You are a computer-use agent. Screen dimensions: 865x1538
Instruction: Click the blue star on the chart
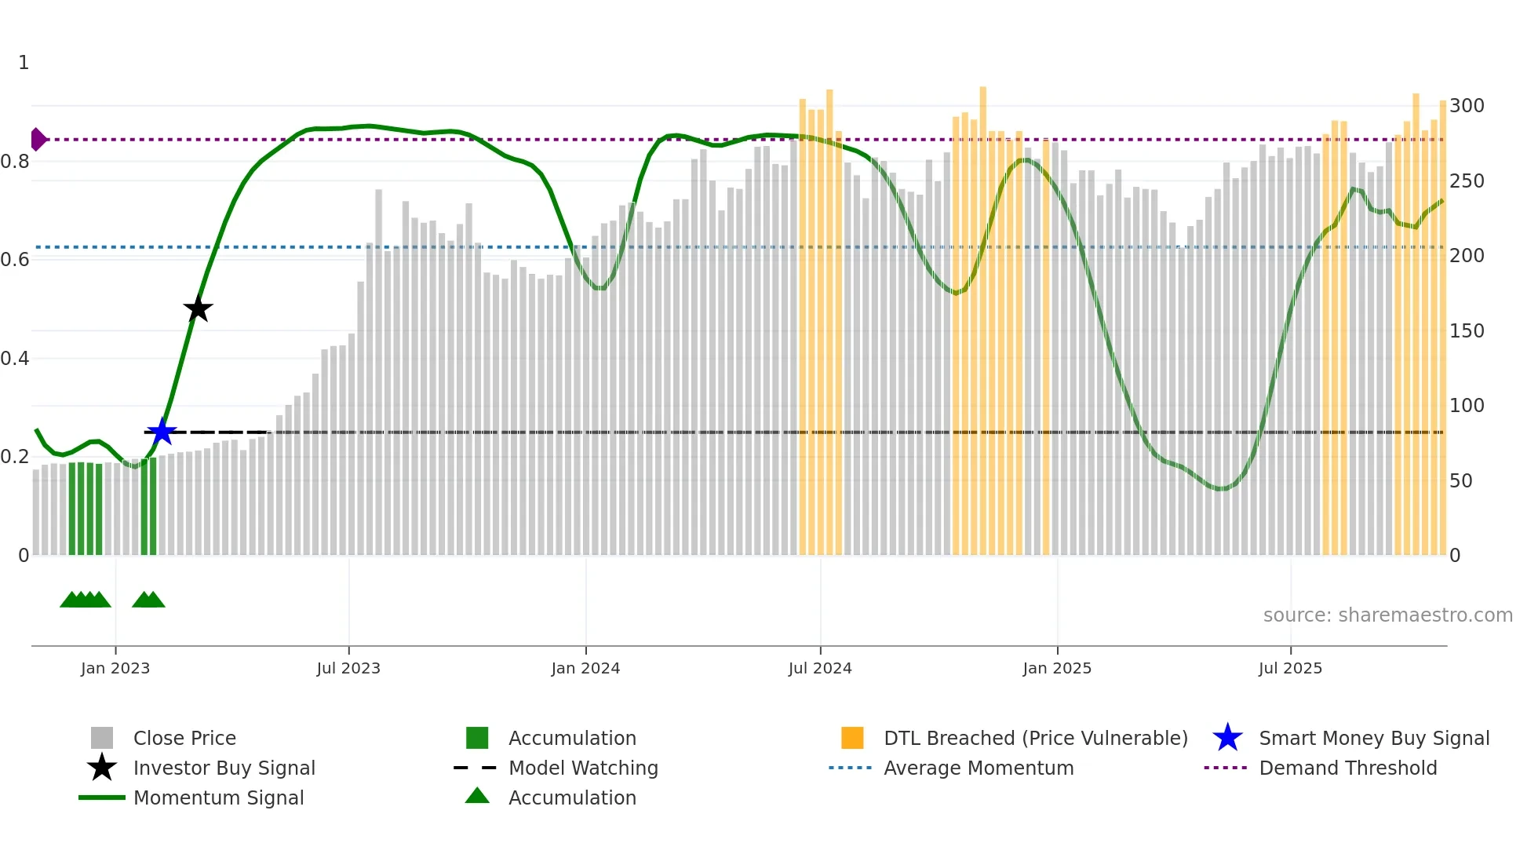click(x=162, y=432)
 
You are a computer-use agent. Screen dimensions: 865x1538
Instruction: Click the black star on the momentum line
click(x=198, y=308)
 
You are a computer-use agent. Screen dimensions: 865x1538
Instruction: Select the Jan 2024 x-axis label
click(x=585, y=668)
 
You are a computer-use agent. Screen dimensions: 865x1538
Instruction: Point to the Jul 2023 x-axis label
click(x=348, y=668)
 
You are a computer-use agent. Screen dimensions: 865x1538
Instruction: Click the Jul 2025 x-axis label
click(x=1290, y=668)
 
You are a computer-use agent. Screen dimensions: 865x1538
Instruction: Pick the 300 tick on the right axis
click(x=1467, y=106)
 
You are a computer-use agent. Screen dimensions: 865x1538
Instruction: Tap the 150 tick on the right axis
click(x=1467, y=330)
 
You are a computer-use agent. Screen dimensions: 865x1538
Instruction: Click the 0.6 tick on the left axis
click(x=15, y=260)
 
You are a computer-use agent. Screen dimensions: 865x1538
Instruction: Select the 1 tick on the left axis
click(x=24, y=63)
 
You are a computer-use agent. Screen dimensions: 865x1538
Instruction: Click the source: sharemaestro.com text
click(x=1387, y=615)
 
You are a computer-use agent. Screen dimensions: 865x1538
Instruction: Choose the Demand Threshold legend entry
click(x=1347, y=768)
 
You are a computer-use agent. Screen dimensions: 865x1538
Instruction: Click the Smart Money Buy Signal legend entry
click(x=1373, y=738)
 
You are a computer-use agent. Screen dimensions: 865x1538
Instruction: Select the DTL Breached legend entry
click(x=1035, y=738)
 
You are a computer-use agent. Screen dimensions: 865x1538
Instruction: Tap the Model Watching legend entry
click(x=583, y=768)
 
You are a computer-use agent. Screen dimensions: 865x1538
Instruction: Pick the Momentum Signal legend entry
click(x=218, y=797)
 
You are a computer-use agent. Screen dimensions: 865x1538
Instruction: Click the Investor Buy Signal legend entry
click(x=224, y=768)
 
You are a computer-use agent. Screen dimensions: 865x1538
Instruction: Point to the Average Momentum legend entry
click(x=979, y=768)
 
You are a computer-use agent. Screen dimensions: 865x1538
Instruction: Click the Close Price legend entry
click(x=184, y=738)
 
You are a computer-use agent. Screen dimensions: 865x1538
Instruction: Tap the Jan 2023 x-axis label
click(x=115, y=668)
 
